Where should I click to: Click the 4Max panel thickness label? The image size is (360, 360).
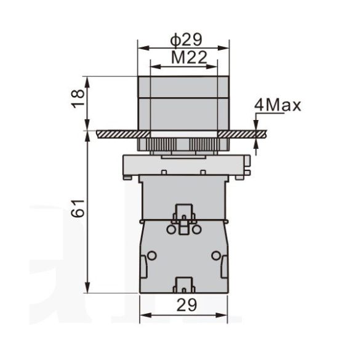277,106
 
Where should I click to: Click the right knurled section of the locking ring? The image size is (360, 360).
201,145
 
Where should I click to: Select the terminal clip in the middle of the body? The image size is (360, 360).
184,214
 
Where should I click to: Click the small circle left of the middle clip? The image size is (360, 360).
170,229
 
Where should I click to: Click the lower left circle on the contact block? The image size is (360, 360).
152,255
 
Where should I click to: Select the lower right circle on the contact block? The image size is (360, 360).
215,255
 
